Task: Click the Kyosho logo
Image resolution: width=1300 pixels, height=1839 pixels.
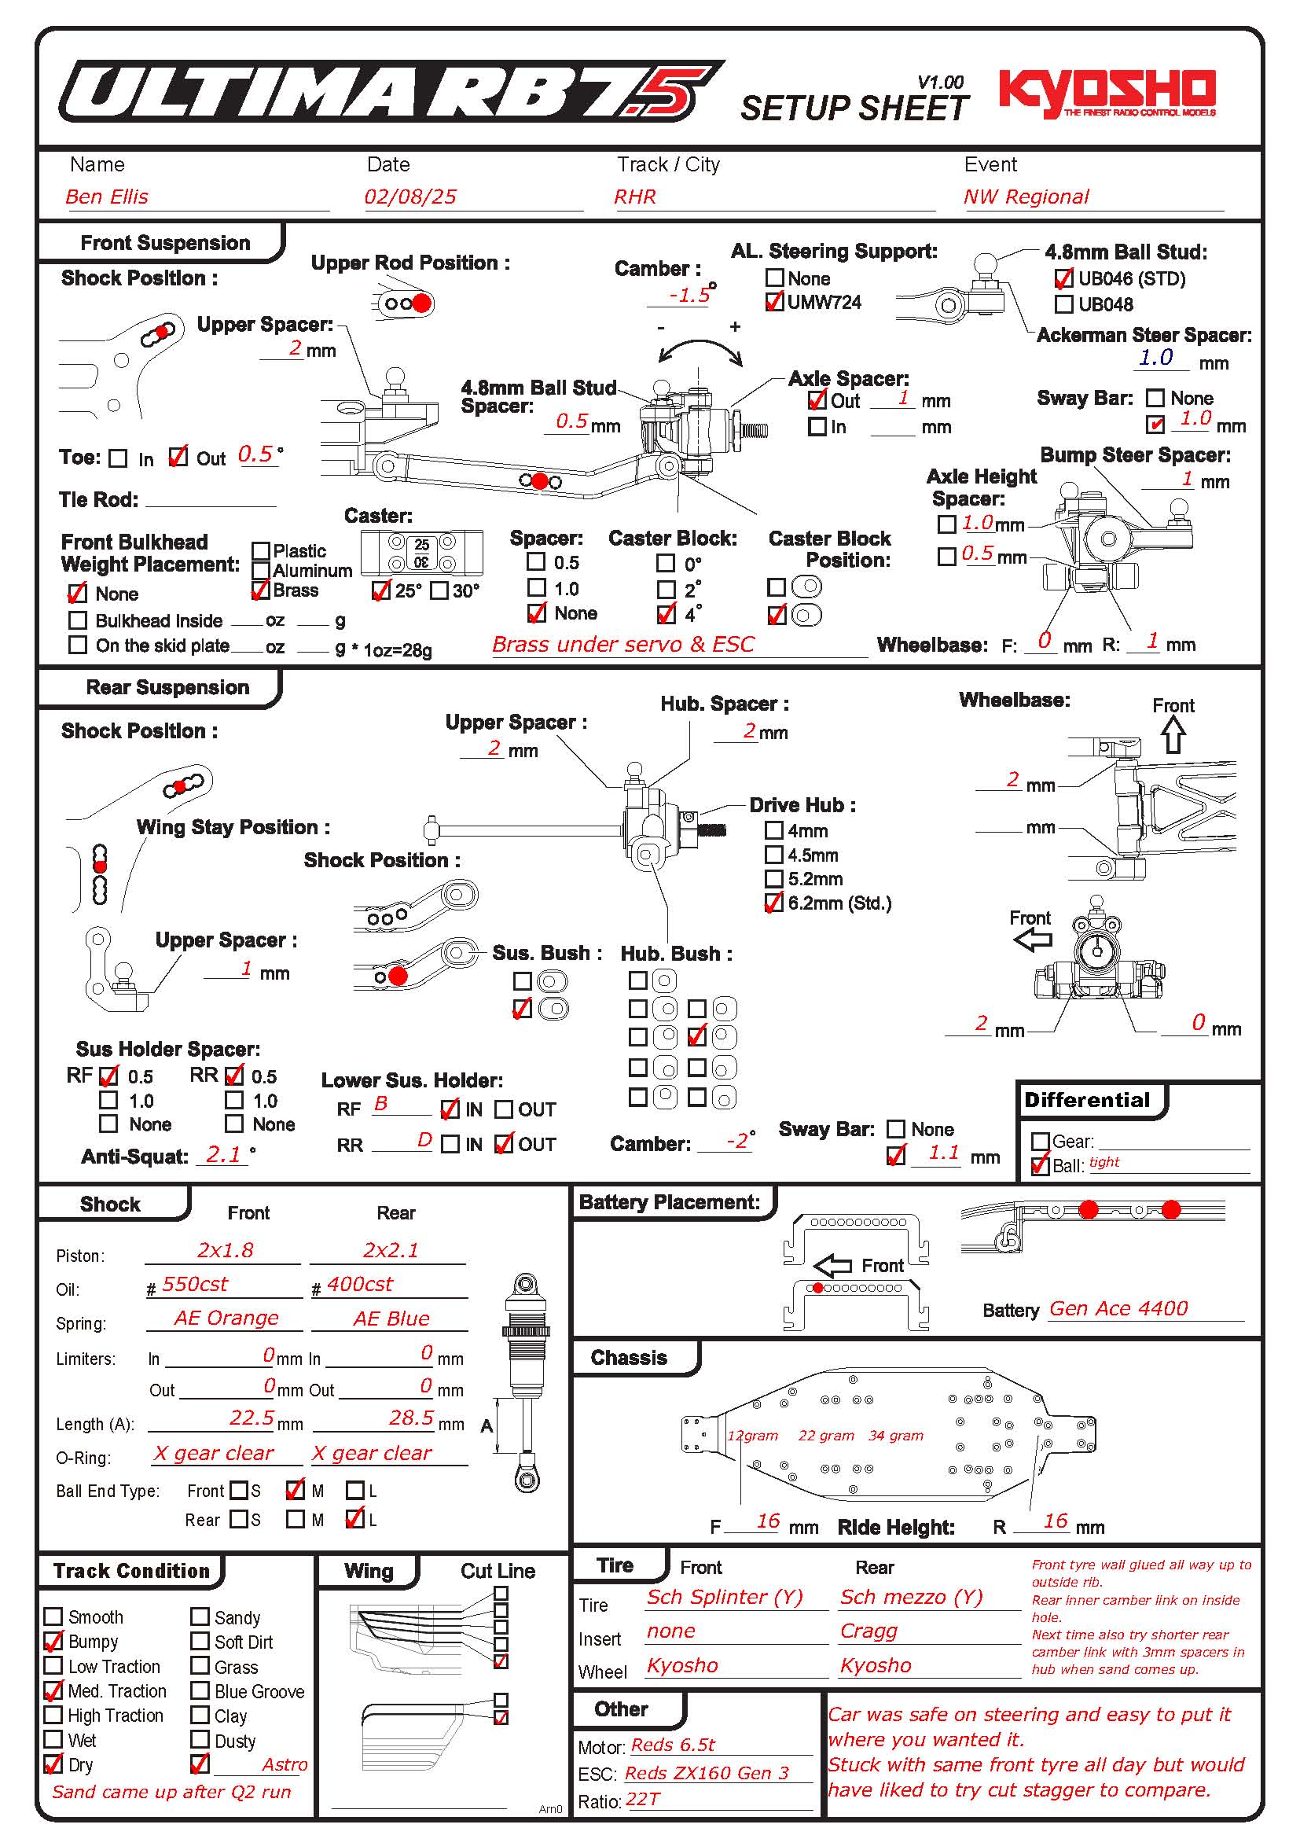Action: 1107,92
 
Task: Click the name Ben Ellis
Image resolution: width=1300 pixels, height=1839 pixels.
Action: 107,197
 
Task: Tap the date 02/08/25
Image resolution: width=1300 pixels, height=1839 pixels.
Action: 409,197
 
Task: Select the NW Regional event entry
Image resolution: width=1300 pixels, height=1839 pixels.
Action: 1026,197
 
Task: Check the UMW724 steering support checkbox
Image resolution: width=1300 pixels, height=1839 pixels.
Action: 774,302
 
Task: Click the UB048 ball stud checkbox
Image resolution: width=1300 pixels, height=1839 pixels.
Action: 1064,304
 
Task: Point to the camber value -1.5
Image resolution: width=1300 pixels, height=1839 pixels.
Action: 689,295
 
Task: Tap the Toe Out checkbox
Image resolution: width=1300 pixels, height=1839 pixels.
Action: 178,458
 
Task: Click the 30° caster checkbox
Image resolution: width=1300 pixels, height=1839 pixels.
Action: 439,590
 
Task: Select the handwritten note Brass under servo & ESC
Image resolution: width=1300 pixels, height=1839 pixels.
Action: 622,644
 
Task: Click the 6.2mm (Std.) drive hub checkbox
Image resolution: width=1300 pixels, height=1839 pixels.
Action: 774,903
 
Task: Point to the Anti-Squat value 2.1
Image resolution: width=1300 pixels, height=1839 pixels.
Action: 223,1154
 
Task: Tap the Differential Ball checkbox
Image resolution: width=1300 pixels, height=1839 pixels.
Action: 1040,1165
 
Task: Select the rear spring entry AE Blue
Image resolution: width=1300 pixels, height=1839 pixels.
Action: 391,1319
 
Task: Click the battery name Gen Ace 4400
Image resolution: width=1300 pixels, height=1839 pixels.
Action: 1118,1309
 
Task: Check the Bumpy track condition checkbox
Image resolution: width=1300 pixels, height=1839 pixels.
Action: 53,1641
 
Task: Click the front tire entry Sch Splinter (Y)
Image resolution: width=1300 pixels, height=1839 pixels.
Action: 725,1596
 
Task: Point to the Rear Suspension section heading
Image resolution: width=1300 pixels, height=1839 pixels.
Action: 167,687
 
